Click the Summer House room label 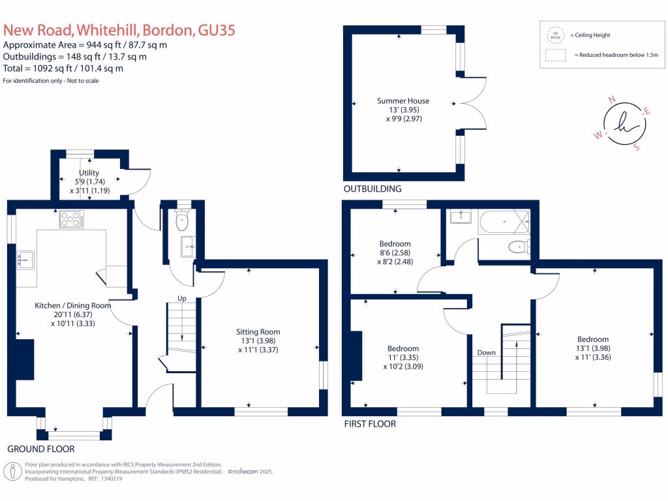[x=402, y=100]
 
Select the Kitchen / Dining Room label [x=72, y=305]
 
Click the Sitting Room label [x=258, y=331]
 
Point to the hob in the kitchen [x=71, y=220]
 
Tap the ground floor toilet [x=183, y=220]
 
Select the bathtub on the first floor [x=504, y=223]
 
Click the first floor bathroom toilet [x=519, y=247]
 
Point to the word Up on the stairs [x=174, y=298]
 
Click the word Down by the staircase [x=486, y=352]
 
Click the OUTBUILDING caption [x=372, y=189]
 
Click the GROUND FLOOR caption [x=40, y=449]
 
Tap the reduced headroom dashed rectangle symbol [x=554, y=56]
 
